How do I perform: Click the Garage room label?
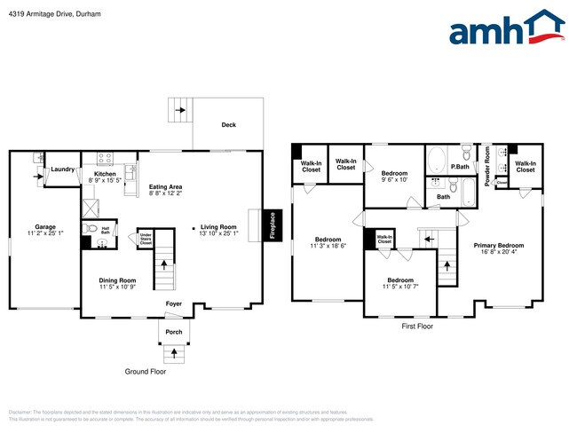(44, 226)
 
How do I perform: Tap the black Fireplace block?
(273, 224)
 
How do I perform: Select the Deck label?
(228, 125)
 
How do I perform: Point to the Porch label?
(173, 333)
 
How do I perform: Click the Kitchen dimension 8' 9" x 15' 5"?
(105, 181)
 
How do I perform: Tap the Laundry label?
(62, 169)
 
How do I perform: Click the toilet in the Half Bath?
(87, 228)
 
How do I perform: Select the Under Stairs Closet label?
(145, 238)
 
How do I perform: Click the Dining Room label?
(117, 280)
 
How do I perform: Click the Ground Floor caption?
(145, 371)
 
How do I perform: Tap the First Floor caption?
(417, 327)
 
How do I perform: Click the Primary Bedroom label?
(498, 245)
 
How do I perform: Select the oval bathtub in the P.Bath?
(438, 161)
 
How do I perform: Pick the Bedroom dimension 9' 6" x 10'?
(394, 180)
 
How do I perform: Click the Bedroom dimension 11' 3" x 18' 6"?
(328, 246)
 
